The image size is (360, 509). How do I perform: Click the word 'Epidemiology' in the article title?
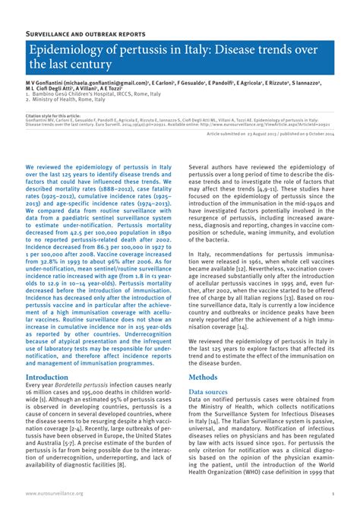click(68, 51)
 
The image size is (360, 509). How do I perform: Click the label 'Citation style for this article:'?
click(53, 116)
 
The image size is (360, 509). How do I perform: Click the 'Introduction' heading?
click(47, 377)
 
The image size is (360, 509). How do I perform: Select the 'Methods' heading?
click(203, 377)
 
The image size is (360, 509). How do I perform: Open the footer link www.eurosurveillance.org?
click(54, 493)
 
